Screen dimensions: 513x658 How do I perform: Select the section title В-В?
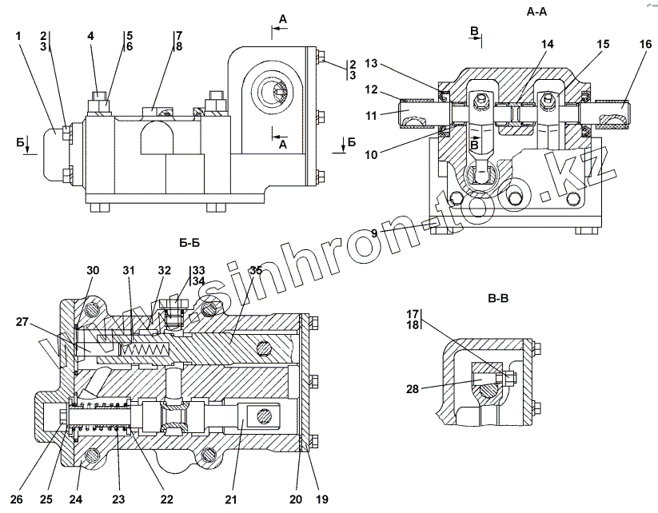[x=499, y=299]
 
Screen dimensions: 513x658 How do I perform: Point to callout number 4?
[x=90, y=36]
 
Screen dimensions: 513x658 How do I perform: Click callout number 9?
[x=373, y=233]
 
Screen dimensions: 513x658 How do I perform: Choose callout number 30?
[x=94, y=270]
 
